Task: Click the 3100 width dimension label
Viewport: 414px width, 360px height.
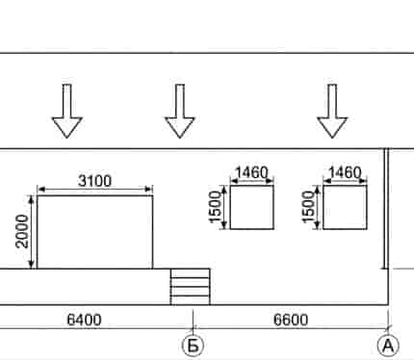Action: [x=95, y=181]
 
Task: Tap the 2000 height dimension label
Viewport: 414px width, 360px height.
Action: [x=22, y=231]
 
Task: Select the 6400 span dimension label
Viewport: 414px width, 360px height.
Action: [x=84, y=320]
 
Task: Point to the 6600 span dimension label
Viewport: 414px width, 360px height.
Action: [x=291, y=320]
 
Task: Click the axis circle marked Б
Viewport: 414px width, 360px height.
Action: [x=193, y=346]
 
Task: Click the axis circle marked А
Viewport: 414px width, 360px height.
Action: [x=388, y=346]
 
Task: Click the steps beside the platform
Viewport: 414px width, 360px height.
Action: [x=191, y=287]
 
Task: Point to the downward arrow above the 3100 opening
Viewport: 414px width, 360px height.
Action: [x=66, y=112]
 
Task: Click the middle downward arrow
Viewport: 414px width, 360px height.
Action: [x=180, y=112]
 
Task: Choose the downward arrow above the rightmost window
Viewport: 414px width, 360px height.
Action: [x=332, y=112]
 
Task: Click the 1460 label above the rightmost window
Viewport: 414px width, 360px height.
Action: [x=345, y=172]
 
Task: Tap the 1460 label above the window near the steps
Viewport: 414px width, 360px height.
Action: [x=252, y=172]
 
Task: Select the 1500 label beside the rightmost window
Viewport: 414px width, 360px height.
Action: [x=308, y=207]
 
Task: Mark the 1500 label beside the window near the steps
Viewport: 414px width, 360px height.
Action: [x=215, y=207]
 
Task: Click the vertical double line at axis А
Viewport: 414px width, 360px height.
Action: [x=386, y=209]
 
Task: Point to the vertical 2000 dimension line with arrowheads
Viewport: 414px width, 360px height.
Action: [x=31, y=232]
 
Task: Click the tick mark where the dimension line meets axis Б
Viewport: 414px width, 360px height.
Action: [x=193, y=328]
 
